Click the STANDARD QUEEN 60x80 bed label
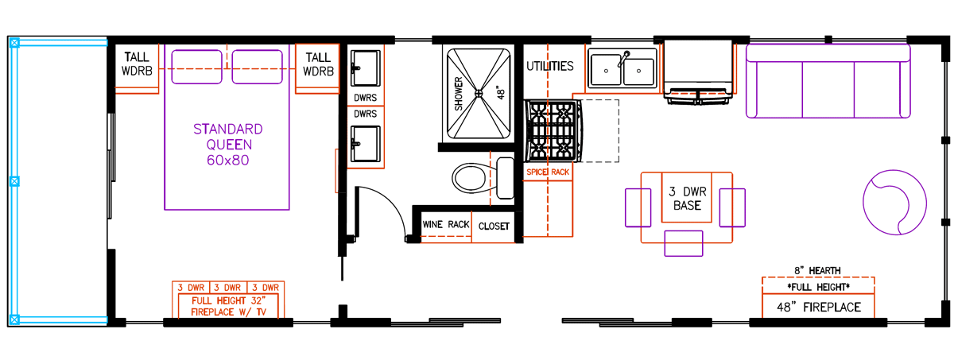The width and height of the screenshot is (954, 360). tap(228, 145)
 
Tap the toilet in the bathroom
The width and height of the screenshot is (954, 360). tap(483, 178)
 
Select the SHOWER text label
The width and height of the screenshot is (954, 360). tap(458, 94)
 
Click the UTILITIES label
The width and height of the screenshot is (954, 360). tap(550, 66)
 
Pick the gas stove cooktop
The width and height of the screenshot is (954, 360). tap(553, 130)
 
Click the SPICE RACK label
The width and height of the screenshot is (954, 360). tap(548, 172)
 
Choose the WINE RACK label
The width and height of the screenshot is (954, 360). tap(446, 224)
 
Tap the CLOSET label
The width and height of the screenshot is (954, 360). tap(494, 226)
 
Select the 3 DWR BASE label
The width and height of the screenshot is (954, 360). tap(687, 199)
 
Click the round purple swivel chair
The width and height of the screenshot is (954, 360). tap(894, 203)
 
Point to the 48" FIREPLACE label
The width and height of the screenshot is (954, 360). tap(819, 307)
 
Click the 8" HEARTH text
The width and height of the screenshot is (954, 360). tap(817, 271)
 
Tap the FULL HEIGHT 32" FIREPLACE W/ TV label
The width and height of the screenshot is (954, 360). tap(228, 307)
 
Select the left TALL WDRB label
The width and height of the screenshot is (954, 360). tap(137, 64)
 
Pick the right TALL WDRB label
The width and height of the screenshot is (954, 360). tap(318, 64)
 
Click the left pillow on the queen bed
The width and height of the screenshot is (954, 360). tap(197, 67)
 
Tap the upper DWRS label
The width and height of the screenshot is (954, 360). tap(366, 98)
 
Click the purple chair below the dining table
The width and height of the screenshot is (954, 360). tap(684, 243)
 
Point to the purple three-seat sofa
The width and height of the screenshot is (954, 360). tap(828, 81)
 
